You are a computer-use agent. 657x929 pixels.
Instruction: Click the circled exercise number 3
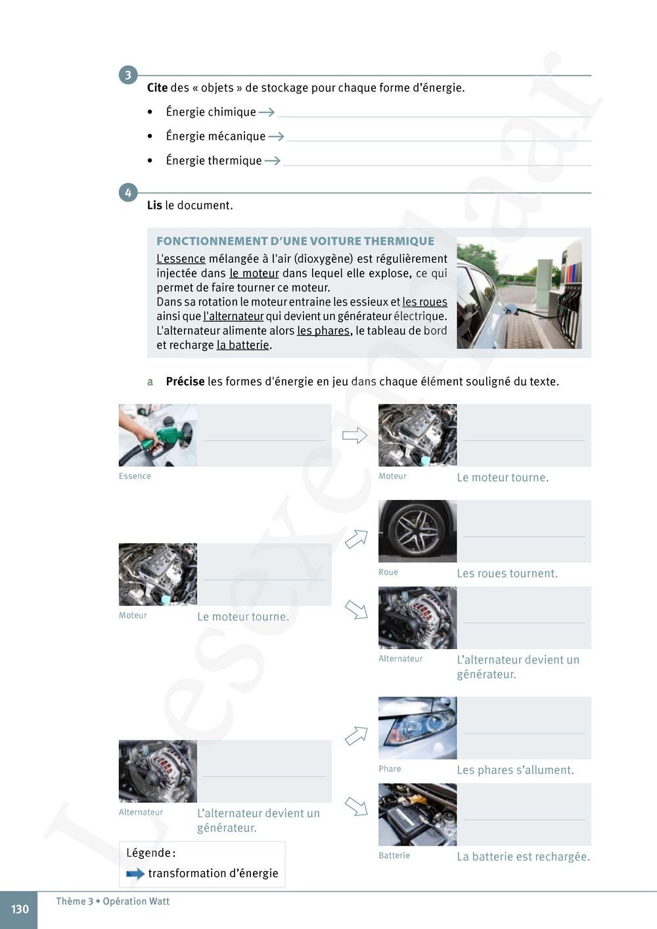pos(128,75)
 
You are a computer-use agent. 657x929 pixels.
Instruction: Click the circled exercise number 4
pos(128,193)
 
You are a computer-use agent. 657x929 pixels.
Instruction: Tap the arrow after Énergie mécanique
pos(276,137)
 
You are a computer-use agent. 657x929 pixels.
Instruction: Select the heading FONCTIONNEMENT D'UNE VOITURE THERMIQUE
pos(295,241)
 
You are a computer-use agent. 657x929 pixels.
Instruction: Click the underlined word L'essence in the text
pos(181,259)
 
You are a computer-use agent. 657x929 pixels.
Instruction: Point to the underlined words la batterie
pos(242,346)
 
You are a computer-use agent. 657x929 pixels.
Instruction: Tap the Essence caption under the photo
pos(135,476)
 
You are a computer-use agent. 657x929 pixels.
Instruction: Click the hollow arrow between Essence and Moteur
pos(355,435)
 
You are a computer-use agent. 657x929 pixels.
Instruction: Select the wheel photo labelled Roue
pos(417,531)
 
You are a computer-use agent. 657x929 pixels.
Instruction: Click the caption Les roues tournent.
pos(507,574)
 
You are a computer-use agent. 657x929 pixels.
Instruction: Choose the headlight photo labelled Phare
pos(417,728)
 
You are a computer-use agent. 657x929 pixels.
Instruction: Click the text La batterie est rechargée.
pos(523,857)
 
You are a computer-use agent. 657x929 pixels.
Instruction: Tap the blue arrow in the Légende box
pos(135,874)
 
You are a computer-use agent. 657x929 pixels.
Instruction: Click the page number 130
pos(20,909)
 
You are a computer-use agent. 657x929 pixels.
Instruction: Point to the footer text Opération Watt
pos(136,901)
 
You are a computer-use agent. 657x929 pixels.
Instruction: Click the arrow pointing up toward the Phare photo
pos(356,735)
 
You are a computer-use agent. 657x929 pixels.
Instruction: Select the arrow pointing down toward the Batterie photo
pos(356,806)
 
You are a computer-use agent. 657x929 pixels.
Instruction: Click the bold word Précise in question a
pos(185,382)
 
